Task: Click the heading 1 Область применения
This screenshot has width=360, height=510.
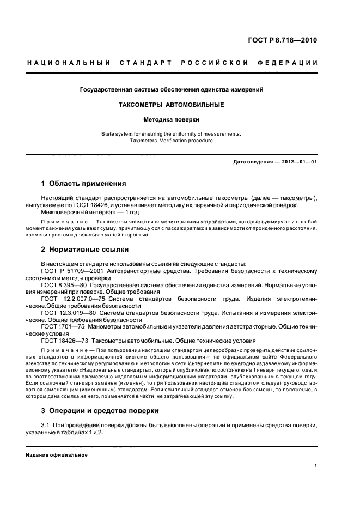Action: tap(83, 184)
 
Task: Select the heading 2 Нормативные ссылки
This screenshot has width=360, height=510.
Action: tap(85, 250)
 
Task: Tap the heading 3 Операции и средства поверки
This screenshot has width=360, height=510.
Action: tap(100, 410)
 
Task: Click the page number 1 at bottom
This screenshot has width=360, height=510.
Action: tap(316, 466)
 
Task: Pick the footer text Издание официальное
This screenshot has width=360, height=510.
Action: tap(57, 454)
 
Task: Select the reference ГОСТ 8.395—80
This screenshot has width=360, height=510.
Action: tap(63, 284)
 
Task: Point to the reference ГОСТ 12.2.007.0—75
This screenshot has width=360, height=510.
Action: tap(74, 299)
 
